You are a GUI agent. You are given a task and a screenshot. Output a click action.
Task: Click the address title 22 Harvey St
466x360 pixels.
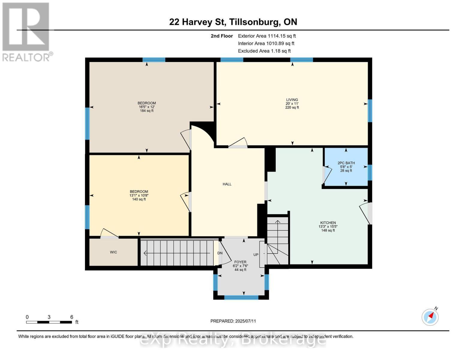click(233, 22)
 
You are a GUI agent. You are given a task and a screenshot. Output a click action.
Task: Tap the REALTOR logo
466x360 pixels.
click(26, 32)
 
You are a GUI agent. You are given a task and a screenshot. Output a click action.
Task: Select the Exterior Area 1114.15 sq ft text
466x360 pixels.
click(267, 36)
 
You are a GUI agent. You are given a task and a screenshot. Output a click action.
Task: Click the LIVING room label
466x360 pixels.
click(292, 100)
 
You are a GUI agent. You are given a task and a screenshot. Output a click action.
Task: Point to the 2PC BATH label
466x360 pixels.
click(346, 163)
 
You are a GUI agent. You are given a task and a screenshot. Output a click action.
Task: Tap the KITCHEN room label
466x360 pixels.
click(328, 223)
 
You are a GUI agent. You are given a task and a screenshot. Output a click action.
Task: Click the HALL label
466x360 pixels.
click(227, 184)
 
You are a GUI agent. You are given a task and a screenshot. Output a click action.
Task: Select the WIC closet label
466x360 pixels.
click(113, 252)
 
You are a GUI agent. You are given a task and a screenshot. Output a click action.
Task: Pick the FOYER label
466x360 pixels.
click(240, 262)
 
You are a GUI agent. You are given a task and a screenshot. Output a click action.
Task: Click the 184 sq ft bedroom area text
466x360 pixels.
click(147, 111)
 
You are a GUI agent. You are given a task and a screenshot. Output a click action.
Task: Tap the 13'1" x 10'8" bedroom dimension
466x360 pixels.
click(139, 195)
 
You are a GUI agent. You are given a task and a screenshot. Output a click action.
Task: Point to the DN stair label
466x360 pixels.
click(220, 253)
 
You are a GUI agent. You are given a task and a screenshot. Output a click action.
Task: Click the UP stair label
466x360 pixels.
click(256, 255)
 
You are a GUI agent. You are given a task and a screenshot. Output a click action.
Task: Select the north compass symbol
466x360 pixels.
click(430, 316)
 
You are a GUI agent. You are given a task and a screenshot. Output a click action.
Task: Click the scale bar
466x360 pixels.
click(49, 322)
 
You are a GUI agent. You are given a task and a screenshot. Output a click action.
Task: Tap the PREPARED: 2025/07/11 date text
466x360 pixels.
click(233, 321)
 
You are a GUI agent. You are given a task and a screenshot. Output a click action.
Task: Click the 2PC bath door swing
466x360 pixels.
click(327, 175)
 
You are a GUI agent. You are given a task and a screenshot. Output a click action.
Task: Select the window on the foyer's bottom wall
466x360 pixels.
click(241, 297)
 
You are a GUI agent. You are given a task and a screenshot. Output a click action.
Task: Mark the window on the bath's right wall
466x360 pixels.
click(370, 172)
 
